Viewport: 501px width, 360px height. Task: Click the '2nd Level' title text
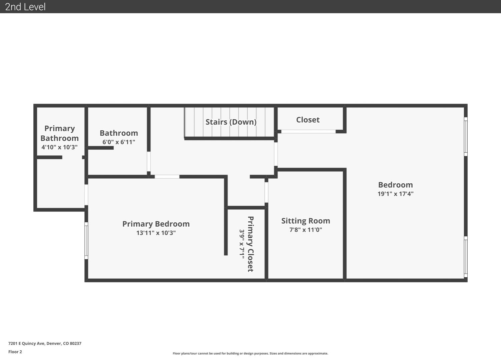pyautogui.click(x=25, y=7)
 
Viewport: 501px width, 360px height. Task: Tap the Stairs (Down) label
pyautogui.click(x=231, y=122)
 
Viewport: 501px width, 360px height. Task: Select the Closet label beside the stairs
pyautogui.click(x=308, y=120)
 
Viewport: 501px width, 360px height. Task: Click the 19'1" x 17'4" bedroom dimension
pyautogui.click(x=396, y=194)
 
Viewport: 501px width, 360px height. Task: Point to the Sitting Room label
pyautogui.click(x=306, y=221)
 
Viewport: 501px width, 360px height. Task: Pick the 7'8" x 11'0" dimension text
pyautogui.click(x=306, y=230)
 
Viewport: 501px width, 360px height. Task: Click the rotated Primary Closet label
pyautogui.click(x=250, y=244)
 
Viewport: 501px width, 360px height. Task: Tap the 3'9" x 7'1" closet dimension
pyautogui.click(x=242, y=244)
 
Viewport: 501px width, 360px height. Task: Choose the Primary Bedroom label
pyautogui.click(x=156, y=224)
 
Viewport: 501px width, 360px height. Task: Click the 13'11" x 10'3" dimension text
pyautogui.click(x=156, y=233)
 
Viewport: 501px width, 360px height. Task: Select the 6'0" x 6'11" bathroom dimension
pyautogui.click(x=119, y=142)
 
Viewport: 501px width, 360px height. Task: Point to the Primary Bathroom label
pyautogui.click(x=59, y=133)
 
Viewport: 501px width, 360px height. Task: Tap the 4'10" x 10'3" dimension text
pyautogui.click(x=59, y=147)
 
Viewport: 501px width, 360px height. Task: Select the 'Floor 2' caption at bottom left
pyautogui.click(x=15, y=352)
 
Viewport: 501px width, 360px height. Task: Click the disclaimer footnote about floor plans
pyautogui.click(x=250, y=353)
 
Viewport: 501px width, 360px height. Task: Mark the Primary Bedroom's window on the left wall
pyautogui.click(x=86, y=241)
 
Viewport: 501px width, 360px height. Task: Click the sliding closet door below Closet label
pyautogui.click(x=308, y=132)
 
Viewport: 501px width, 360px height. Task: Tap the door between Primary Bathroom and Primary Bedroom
pyautogui.click(x=86, y=195)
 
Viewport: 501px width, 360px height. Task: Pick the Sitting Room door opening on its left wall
pyautogui.click(x=266, y=192)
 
